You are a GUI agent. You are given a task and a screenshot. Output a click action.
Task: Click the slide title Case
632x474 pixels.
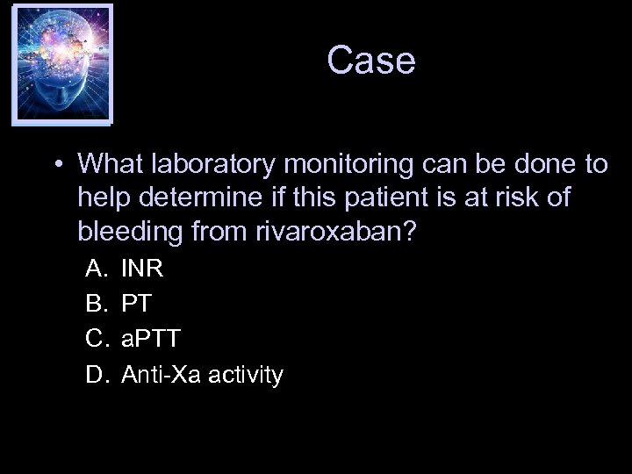click(370, 61)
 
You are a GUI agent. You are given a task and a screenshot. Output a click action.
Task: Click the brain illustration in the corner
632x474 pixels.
click(61, 63)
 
